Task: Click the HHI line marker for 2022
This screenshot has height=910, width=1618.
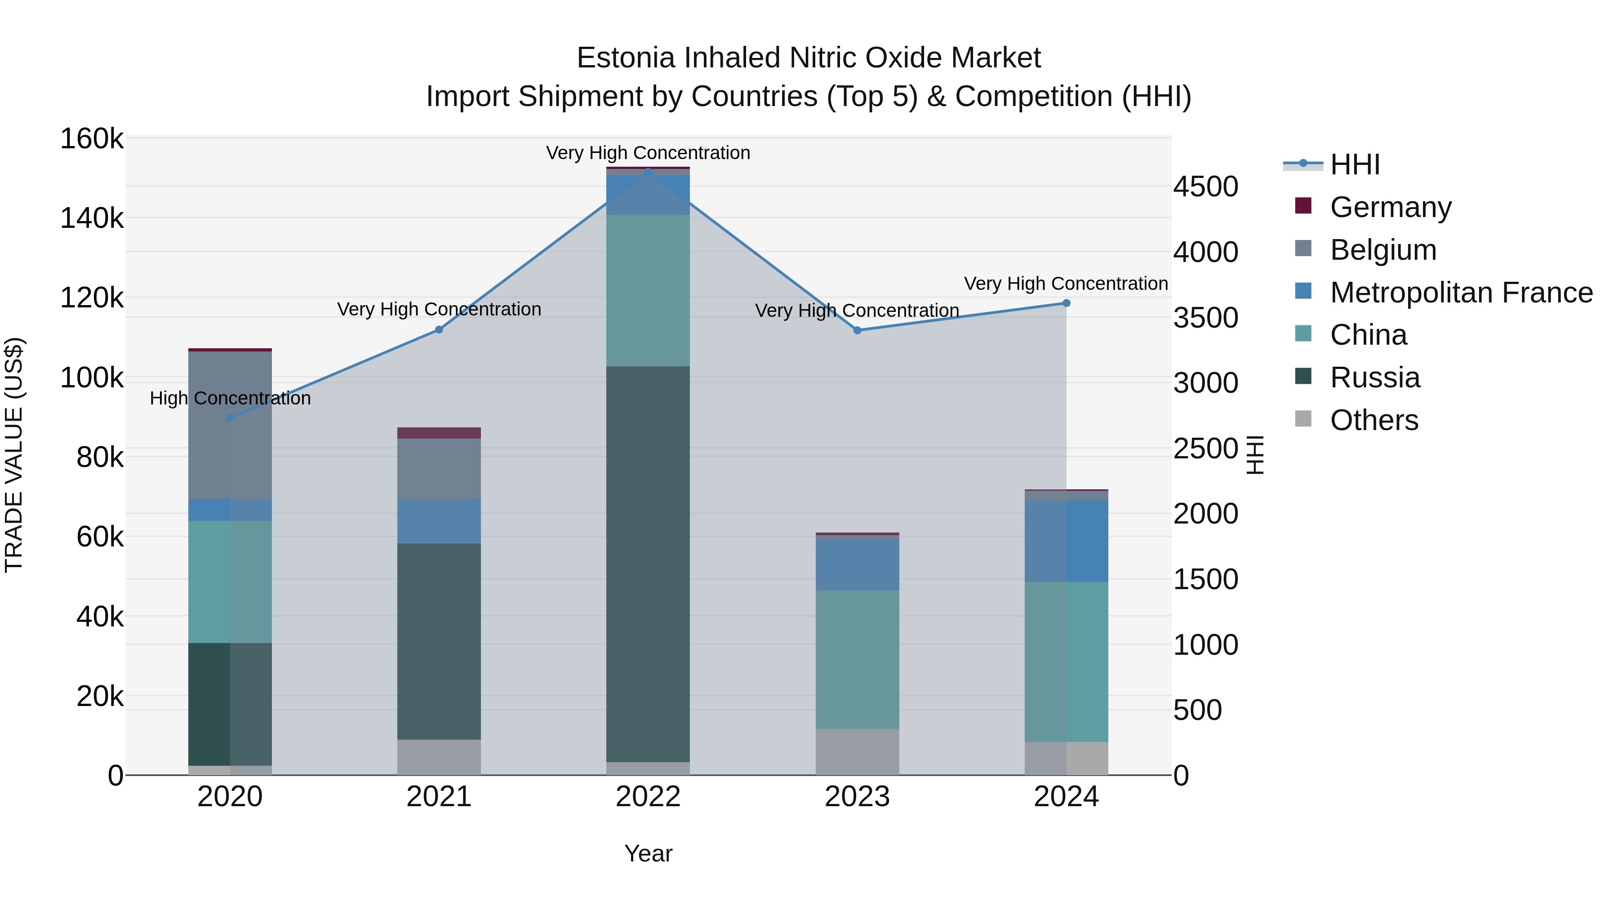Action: point(648,172)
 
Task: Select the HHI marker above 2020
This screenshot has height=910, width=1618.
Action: point(230,417)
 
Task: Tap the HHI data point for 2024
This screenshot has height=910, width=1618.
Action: point(1066,303)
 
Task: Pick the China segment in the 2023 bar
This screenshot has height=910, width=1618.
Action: point(858,659)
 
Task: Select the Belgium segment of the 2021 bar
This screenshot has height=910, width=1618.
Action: point(439,469)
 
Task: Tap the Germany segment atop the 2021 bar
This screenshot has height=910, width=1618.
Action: point(439,433)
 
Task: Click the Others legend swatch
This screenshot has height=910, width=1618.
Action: point(1303,419)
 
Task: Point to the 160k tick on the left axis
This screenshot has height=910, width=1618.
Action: point(92,139)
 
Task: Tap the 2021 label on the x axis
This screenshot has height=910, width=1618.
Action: point(439,797)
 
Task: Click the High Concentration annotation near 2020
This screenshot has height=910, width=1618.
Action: point(230,398)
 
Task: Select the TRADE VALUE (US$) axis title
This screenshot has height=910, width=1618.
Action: point(14,455)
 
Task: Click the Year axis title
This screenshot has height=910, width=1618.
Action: point(648,853)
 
